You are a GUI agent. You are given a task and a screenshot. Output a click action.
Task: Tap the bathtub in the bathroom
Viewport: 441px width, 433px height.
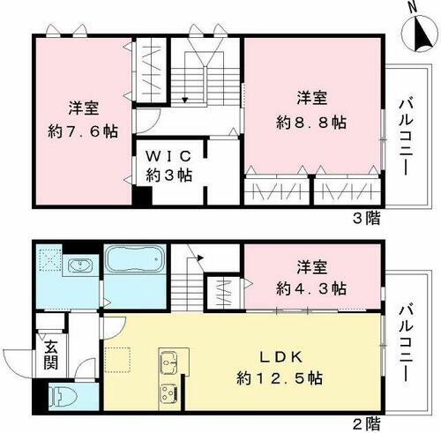click(135, 264)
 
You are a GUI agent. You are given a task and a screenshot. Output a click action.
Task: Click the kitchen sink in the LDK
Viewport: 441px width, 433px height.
click(171, 362)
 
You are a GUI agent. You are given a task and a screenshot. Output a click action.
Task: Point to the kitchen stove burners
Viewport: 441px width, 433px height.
click(169, 393)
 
